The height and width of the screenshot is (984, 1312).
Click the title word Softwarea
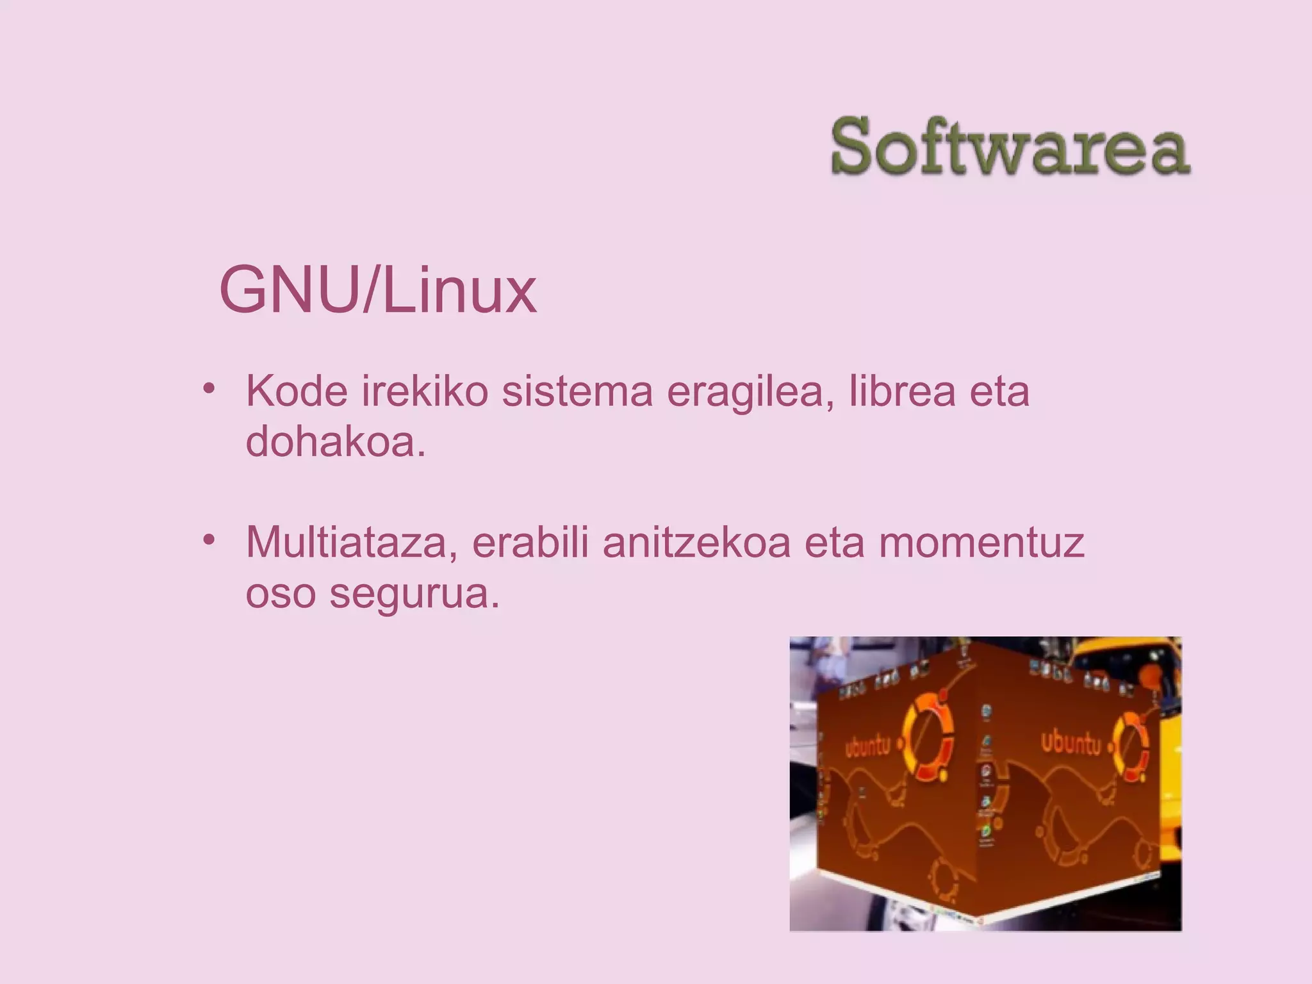pos(1010,147)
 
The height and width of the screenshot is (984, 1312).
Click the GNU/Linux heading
pos(377,290)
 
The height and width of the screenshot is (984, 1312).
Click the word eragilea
pos(750,392)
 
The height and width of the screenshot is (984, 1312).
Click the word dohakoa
pos(335,441)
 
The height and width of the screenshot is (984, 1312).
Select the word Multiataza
pos(352,542)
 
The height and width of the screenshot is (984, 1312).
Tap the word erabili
pos(530,542)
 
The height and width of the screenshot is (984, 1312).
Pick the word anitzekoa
pos(696,542)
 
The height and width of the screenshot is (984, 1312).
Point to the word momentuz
pos(981,542)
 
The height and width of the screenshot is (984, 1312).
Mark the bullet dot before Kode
pos(208,388)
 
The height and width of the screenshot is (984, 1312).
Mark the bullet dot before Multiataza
pos(208,539)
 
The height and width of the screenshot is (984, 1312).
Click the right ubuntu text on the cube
pos(1070,742)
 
